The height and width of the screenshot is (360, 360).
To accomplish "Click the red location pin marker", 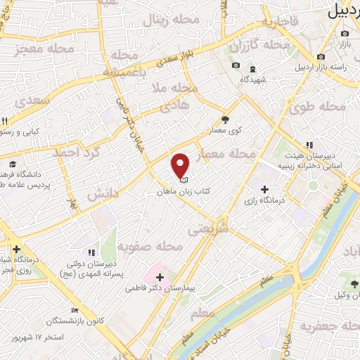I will [181, 165].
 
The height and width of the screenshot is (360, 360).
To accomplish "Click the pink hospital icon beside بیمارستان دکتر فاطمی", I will [159, 276].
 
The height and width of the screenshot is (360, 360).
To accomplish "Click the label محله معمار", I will [231, 153].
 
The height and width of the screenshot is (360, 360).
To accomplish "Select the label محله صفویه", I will [150, 246].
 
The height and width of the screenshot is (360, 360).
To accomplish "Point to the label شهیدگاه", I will [253, 79].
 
